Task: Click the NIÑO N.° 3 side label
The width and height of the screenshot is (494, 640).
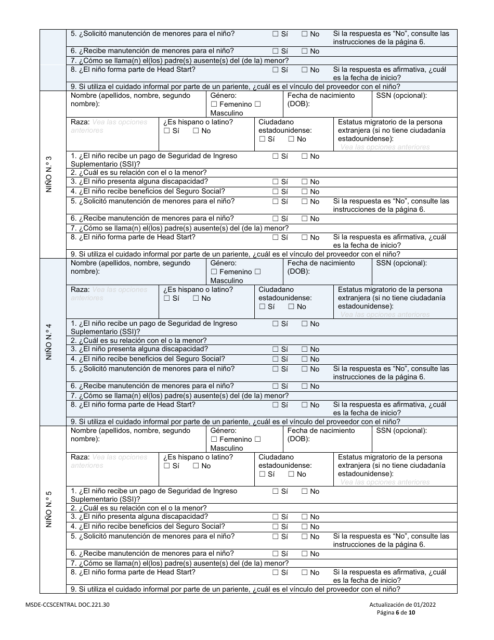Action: coord(49,174)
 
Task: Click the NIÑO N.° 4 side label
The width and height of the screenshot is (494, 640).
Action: coord(49,342)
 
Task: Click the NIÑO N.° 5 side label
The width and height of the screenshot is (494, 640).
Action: coord(49,509)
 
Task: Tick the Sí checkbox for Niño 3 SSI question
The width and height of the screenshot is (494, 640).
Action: coord(275,156)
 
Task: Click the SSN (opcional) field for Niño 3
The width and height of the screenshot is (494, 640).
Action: coord(414,104)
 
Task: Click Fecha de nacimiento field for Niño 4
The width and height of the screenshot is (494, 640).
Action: coord(328,271)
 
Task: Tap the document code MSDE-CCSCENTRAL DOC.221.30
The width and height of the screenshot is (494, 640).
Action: coord(67,605)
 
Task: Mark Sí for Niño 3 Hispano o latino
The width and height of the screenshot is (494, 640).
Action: coord(167,131)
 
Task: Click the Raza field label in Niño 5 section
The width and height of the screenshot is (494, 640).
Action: coord(80,457)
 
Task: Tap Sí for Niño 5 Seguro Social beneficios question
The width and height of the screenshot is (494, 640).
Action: coord(275,527)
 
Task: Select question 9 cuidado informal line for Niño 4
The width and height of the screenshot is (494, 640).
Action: coord(235,422)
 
